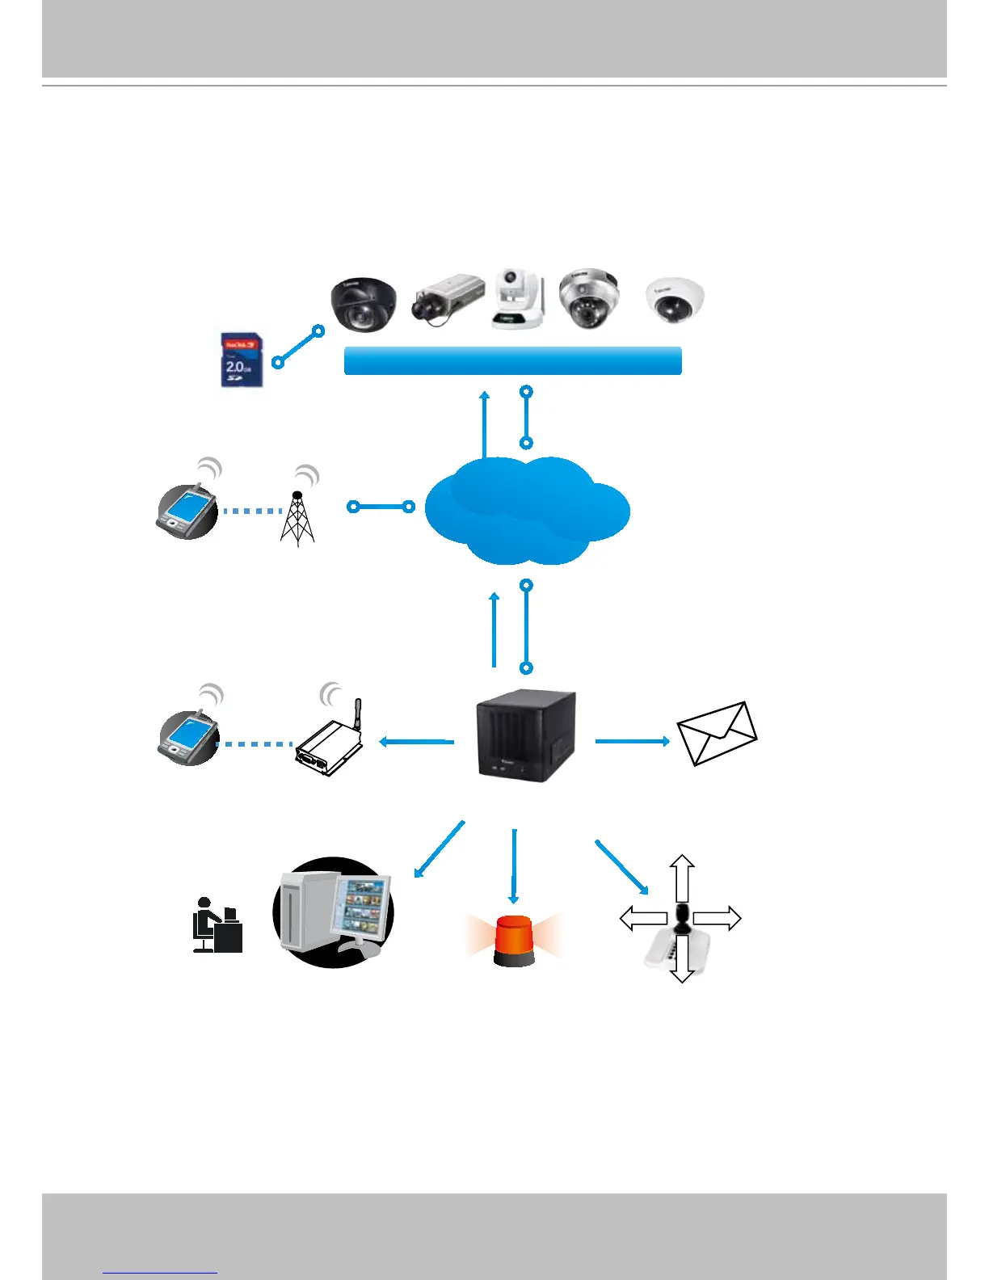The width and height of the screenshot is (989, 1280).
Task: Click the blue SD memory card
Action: coord(241,359)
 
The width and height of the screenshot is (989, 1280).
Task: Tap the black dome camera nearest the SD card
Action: coord(363,304)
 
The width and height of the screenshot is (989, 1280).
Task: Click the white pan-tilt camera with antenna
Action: coord(518,299)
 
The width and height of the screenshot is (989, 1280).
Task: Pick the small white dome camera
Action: coord(675,300)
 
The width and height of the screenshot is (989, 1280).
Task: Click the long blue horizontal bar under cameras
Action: coord(512,360)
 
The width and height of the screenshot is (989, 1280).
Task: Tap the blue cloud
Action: coord(526,510)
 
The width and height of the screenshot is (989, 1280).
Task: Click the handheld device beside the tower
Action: coord(187,510)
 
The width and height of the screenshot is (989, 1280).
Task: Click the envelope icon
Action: coord(717,733)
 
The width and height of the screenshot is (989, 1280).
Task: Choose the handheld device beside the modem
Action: coord(188,736)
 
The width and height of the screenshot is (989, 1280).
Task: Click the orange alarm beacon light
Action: coord(514,941)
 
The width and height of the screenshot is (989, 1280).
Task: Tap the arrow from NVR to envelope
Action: coord(632,740)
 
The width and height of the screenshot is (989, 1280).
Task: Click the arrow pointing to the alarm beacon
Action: coord(513,865)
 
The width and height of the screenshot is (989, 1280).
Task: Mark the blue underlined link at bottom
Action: coord(160,1273)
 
